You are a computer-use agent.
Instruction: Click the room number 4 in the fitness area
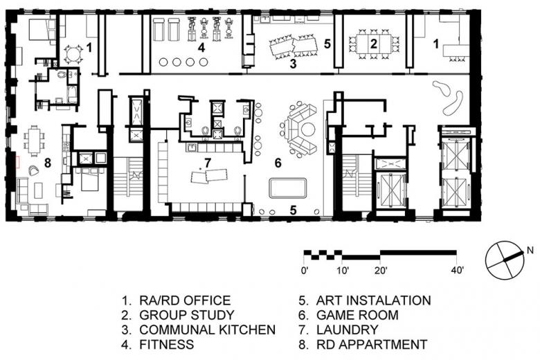point(201,47)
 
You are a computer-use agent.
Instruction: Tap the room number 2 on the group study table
point(373,44)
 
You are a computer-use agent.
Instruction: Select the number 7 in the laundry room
point(207,163)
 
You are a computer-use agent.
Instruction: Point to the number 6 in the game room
point(278,163)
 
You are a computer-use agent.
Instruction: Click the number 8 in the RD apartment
point(48,163)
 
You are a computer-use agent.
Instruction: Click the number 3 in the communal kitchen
point(293,64)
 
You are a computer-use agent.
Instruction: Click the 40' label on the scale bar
point(458,270)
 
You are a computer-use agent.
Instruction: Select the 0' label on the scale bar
point(305,270)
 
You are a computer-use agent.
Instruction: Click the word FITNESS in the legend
point(166,344)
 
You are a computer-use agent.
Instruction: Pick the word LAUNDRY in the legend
point(347,330)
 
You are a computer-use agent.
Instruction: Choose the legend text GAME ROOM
point(357,315)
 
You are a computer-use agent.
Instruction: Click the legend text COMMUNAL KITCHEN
point(207,330)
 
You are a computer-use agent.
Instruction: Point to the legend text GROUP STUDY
point(187,315)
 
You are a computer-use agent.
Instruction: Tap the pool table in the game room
point(288,188)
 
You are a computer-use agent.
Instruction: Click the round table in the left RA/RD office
point(73,55)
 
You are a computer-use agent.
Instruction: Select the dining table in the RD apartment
point(35,141)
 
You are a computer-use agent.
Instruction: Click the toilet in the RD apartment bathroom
point(62,74)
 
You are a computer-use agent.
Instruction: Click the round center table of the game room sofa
point(308,130)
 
